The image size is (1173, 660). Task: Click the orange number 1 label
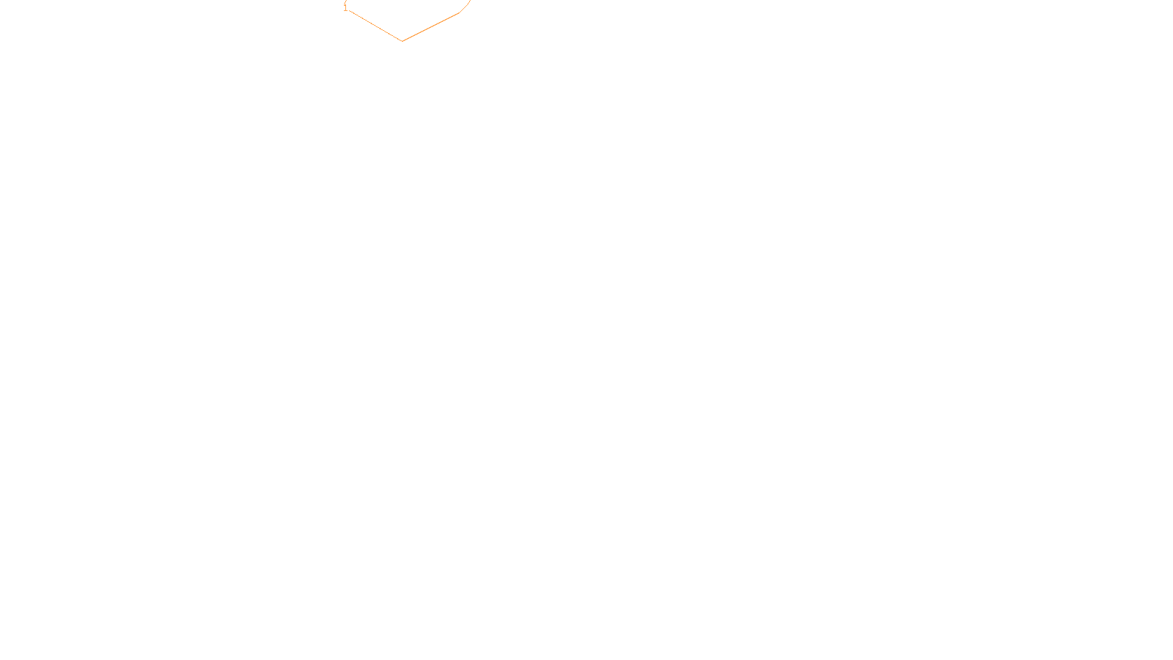pyautogui.click(x=345, y=9)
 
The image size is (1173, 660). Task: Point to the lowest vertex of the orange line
pyautogui.click(x=402, y=41)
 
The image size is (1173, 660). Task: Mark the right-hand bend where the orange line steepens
pyautogui.click(x=459, y=13)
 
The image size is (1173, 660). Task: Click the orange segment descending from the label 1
pyautogui.click(x=374, y=25)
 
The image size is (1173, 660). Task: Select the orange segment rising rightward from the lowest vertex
pyautogui.click(x=430, y=27)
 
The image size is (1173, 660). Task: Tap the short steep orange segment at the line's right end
pyautogui.click(x=465, y=7)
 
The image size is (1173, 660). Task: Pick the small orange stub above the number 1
pyautogui.click(x=345, y=2)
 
